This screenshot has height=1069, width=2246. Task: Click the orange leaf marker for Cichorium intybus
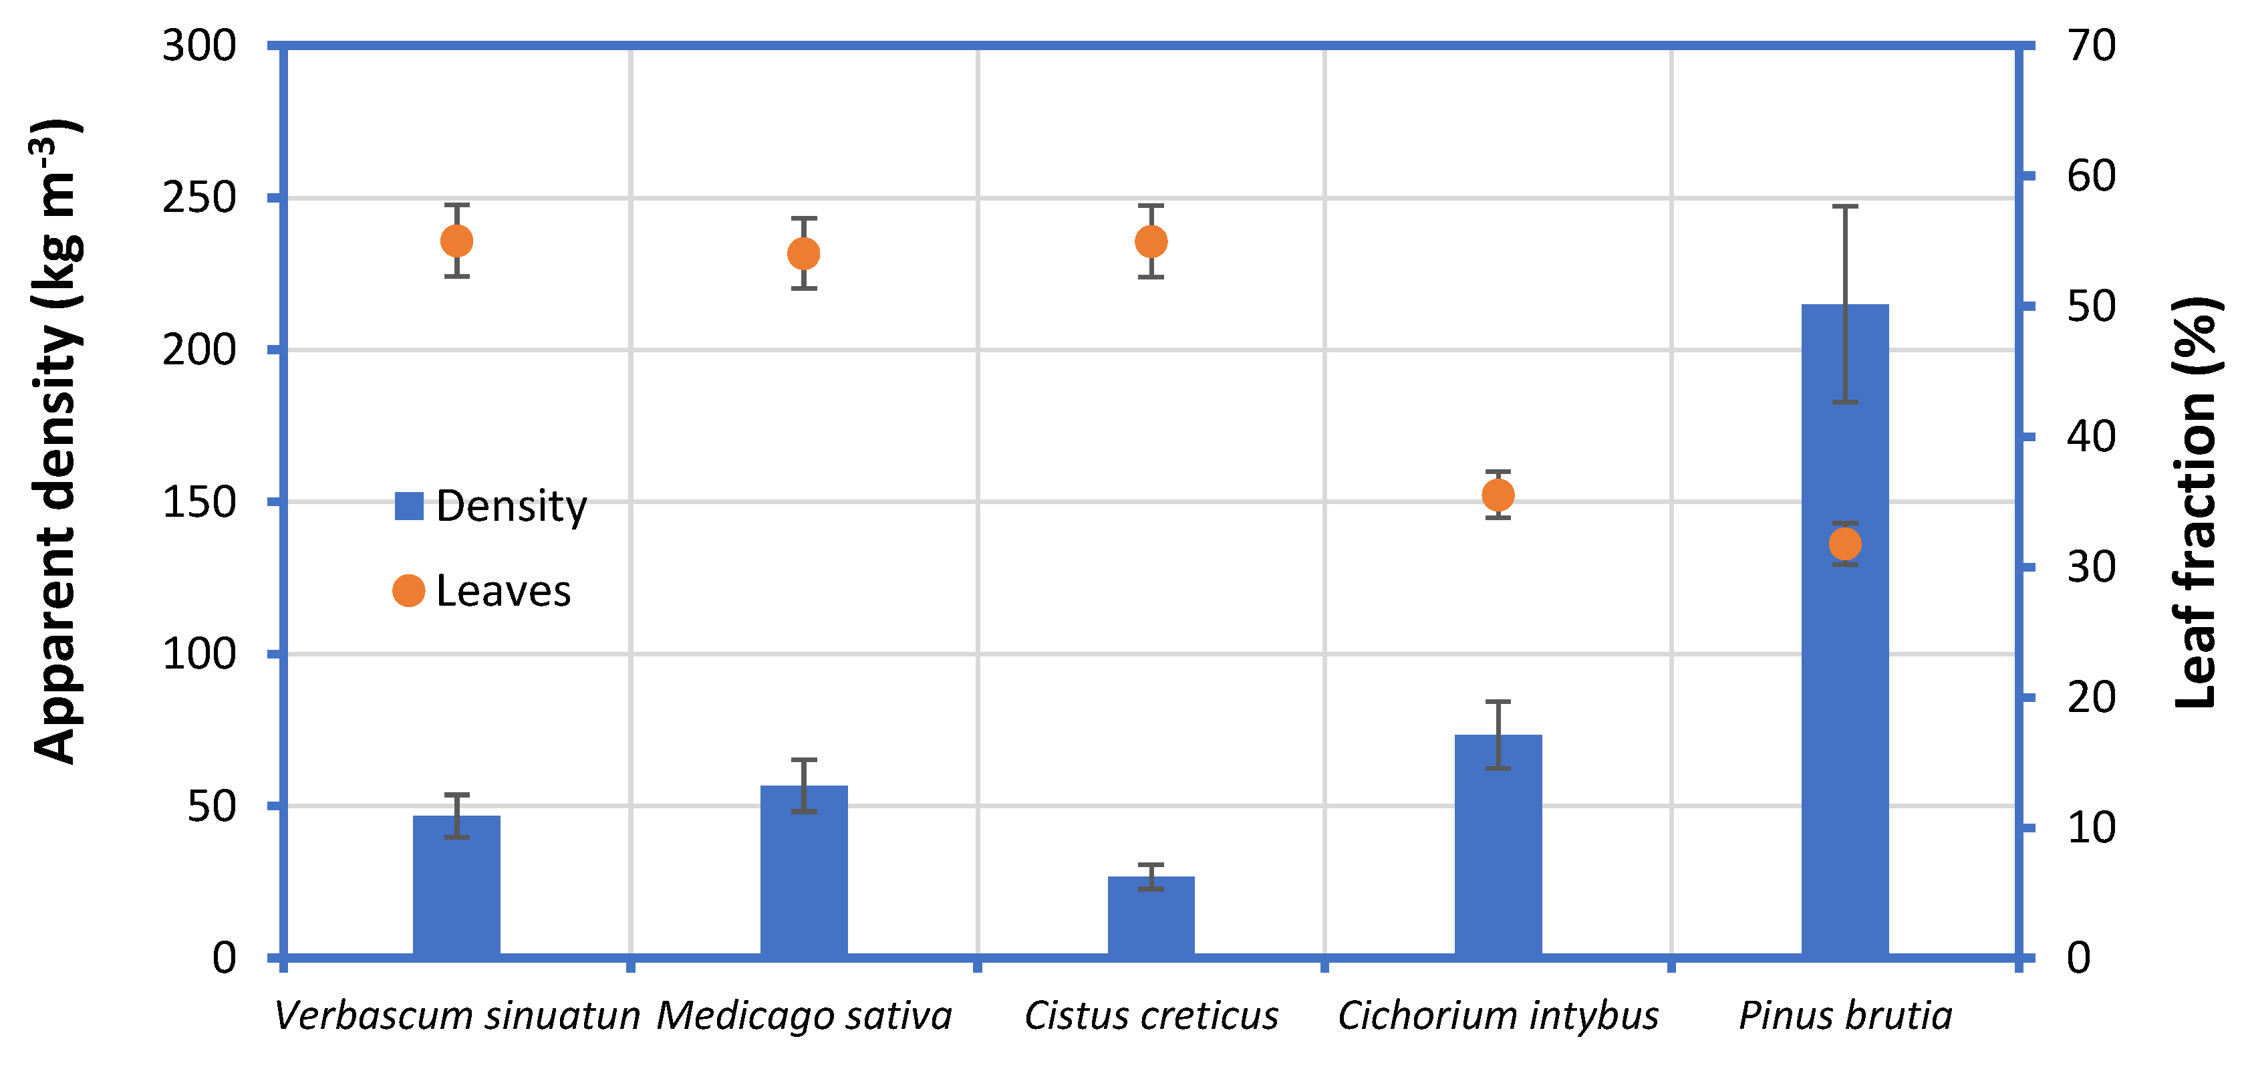tap(1498, 495)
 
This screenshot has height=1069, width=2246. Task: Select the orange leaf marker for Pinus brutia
tap(1845, 544)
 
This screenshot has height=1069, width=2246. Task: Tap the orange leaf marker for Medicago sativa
tap(804, 254)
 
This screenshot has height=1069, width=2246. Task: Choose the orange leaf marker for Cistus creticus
tap(1151, 241)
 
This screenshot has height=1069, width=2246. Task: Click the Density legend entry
tap(492, 505)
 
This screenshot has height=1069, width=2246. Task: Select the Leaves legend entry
tap(483, 591)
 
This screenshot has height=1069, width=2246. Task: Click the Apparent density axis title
tap(57, 441)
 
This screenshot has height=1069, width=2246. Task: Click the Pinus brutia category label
tap(1845, 1016)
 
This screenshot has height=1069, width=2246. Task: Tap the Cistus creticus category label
tap(1151, 1016)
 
